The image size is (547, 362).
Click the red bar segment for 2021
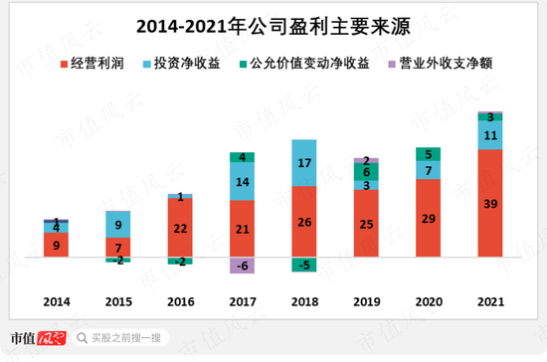click(490, 204)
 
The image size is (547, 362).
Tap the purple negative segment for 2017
click(242, 266)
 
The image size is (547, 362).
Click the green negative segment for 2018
click(304, 265)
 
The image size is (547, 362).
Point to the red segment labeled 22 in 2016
click(180, 229)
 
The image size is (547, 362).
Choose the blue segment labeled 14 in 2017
click(242, 182)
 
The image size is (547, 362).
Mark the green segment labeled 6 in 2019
click(366, 172)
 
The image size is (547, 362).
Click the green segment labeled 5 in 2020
click(429, 154)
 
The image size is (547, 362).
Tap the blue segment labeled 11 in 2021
click(490, 135)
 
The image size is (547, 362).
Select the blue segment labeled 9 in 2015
click(117, 225)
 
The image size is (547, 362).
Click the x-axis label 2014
click(57, 299)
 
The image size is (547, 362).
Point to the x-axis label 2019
click(366, 299)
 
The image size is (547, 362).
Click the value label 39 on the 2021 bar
click(490, 204)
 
